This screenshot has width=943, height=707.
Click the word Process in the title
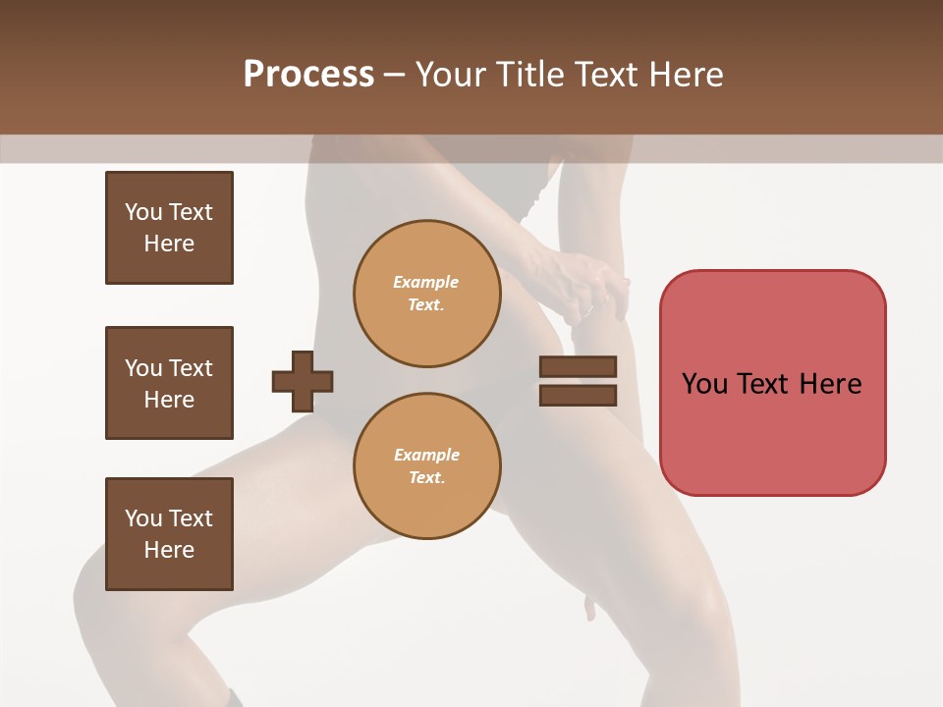tap(308, 75)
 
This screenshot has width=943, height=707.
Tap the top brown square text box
tap(169, 228)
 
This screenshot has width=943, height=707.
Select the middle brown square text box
tap(169, 383)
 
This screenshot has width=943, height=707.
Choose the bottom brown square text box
tap(169, 534)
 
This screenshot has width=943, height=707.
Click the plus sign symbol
tap(303, 381)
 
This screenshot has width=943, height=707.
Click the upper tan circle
tap(426, 294)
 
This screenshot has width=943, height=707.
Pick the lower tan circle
tap(426, 466)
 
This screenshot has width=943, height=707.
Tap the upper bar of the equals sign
tap(578, 366)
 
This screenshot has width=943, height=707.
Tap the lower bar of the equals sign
tap(578, 396)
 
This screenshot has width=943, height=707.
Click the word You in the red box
tap(704, 384)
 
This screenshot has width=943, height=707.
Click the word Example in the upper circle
tap(426, 282)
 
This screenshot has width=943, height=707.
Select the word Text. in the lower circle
tap(426, 478)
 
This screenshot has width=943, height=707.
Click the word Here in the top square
tap(169, 244)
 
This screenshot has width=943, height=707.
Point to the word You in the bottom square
tap(143, 518)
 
